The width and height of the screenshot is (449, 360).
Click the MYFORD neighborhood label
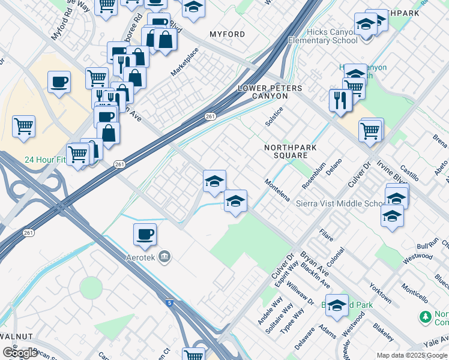227,34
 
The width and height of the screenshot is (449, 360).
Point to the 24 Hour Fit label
44,160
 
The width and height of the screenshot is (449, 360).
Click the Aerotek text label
145,257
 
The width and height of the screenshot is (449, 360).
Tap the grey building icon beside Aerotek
166,257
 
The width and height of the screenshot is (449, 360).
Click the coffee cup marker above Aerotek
145,235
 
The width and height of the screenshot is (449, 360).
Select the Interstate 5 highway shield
170,304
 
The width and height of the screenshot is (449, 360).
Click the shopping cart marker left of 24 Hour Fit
24,127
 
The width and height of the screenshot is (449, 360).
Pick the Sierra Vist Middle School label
340,204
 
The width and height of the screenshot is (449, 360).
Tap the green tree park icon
426,316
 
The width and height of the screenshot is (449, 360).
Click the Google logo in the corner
20,353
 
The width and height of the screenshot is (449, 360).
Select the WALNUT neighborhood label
16,337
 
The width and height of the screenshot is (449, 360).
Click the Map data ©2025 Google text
411,355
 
